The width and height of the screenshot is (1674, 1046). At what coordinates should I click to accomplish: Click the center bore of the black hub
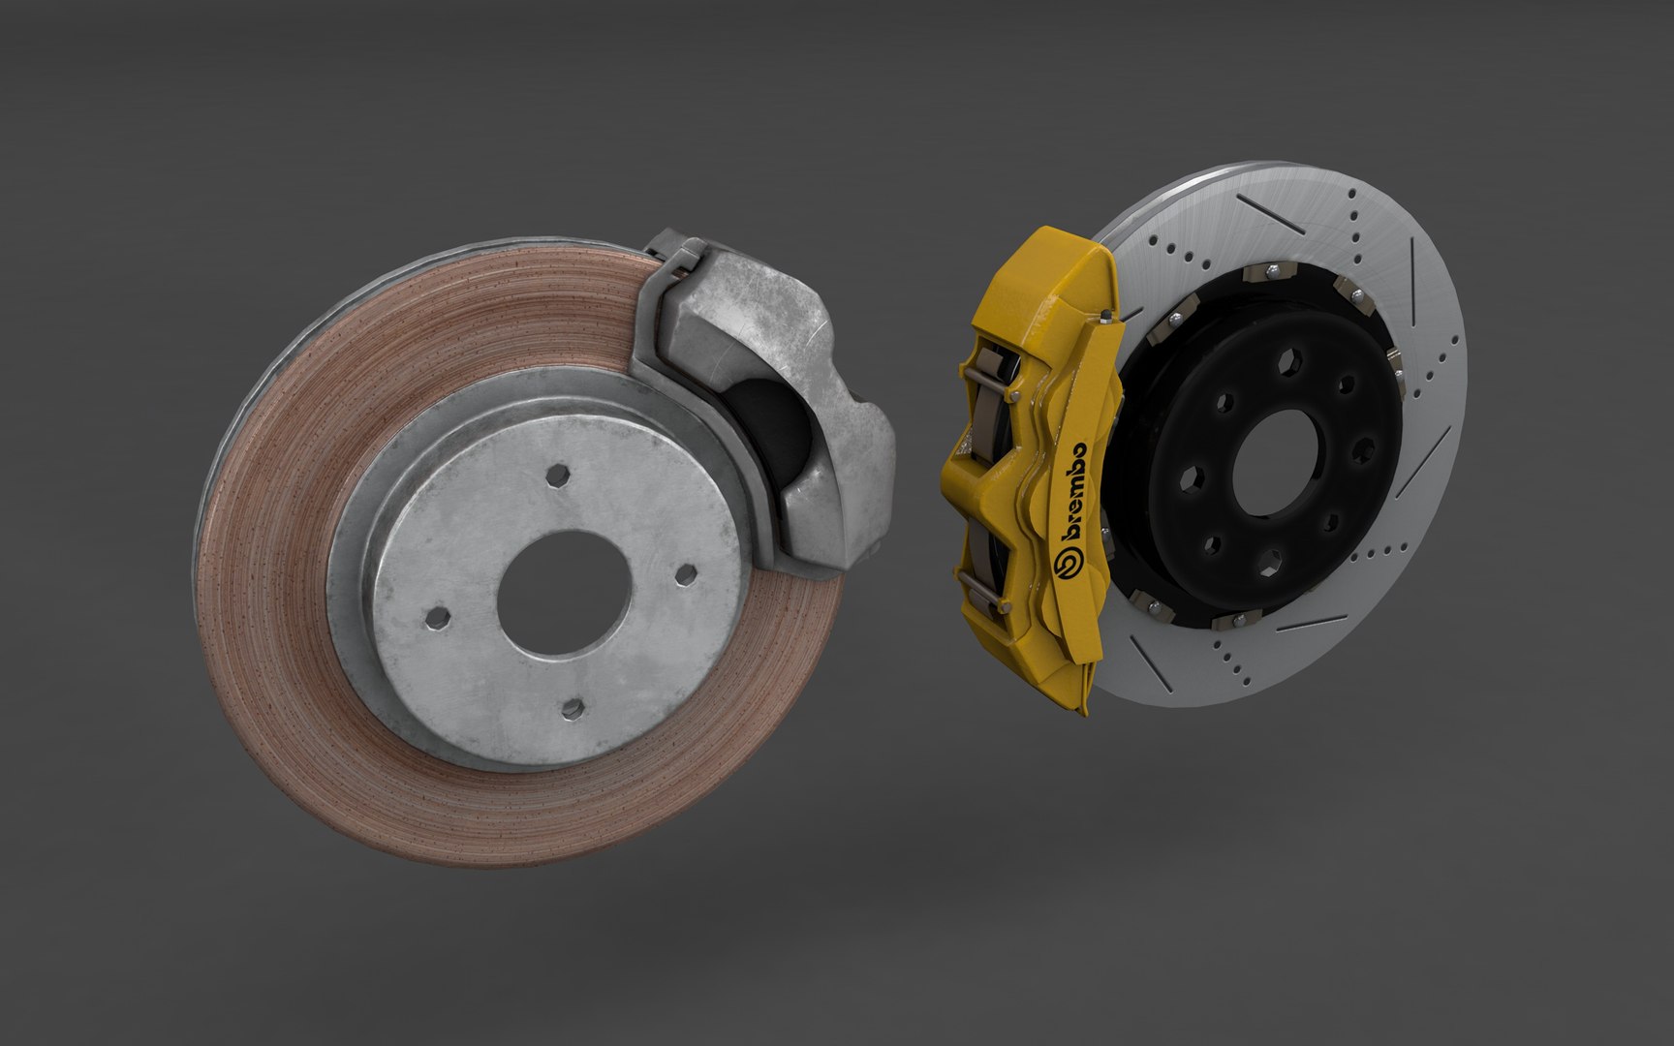tap(1274, 462)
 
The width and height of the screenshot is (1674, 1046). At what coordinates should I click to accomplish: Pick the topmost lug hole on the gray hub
tap(556, 475)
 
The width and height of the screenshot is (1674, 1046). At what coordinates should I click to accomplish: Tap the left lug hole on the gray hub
tap(437, 616)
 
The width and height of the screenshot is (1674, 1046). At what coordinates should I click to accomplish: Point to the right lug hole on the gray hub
tap(685, 573)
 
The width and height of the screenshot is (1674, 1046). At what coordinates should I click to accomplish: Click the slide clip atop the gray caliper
tap(678, 257)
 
